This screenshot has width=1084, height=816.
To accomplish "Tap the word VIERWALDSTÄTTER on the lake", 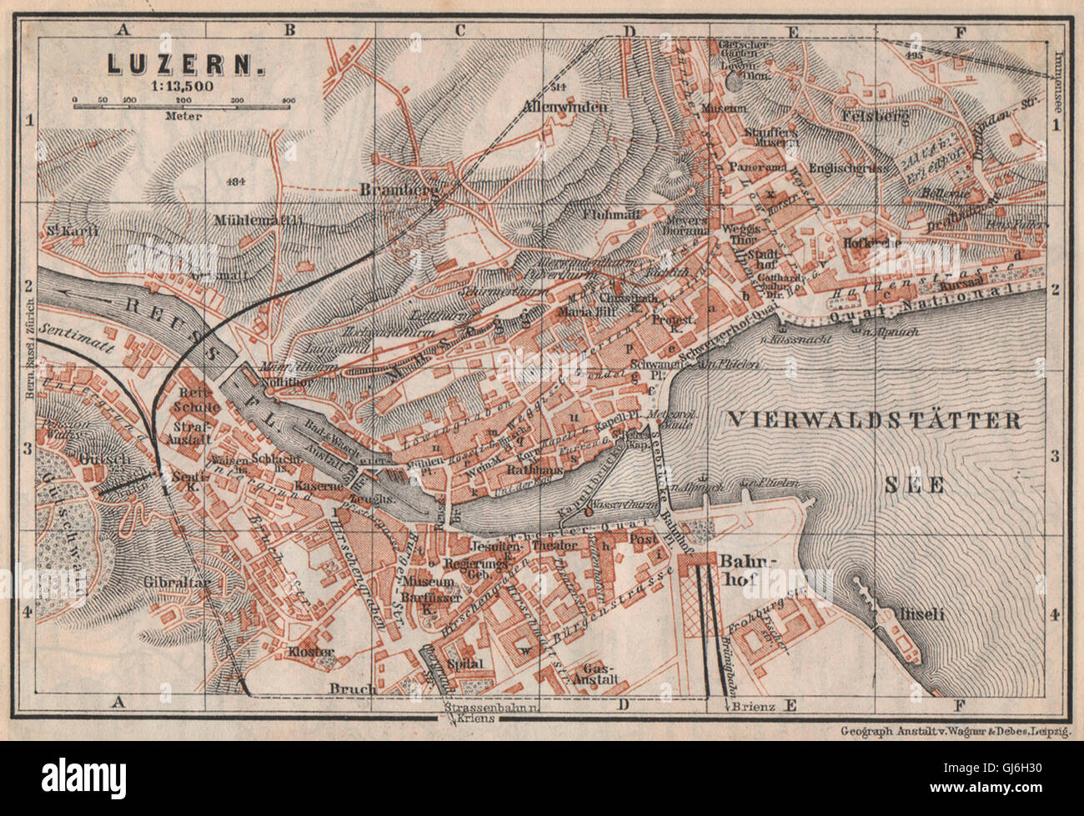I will (x=875, y=420).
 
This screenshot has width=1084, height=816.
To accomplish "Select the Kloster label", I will (x=311, y=652).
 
